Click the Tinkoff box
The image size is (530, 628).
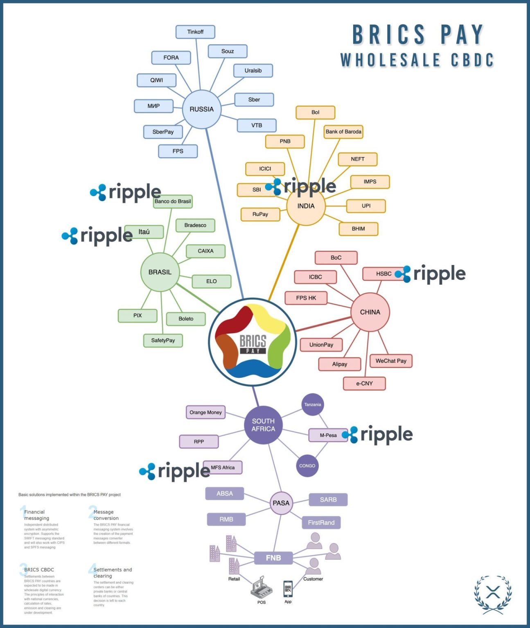(x=195, y=32)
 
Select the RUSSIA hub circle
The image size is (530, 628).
(x=201, y=109)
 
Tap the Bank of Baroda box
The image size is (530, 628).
(x=343, y=132)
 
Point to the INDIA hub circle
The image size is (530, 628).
(x=306, y=206)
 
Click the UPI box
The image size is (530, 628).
(x=366, y=206)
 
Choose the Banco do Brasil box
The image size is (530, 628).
(x=173, y=202)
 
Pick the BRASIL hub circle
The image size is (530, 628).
(x=160, y=272)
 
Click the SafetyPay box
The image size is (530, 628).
(x=163, y=341)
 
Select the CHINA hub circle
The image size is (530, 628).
(x=370, y=312)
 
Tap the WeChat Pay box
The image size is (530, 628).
(x=391, y=361)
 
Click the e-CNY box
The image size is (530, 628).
(x=364, y=384)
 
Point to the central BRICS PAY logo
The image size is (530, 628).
(x=253, y=342)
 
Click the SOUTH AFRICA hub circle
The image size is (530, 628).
(x=263, y=425)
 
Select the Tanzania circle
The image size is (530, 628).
(x=313, y=404)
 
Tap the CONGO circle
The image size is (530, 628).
(x=307, y=466)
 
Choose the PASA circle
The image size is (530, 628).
(x=281, y=503)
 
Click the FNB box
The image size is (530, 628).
(x=273, y=558)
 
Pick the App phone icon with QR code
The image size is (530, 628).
(x=288, y=589)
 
